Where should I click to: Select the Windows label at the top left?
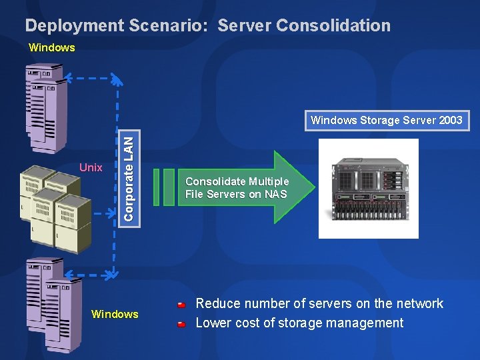(52, 47)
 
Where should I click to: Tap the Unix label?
(91, 167)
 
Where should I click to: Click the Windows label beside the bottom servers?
(115, 314)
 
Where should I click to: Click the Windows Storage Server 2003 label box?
(386, 121)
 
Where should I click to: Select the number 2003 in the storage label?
(450, 121)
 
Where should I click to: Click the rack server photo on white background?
(368, 189)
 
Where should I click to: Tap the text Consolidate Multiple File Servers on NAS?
(237, 188)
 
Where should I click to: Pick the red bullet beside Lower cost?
(182, 325)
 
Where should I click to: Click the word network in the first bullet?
(419, 303)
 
